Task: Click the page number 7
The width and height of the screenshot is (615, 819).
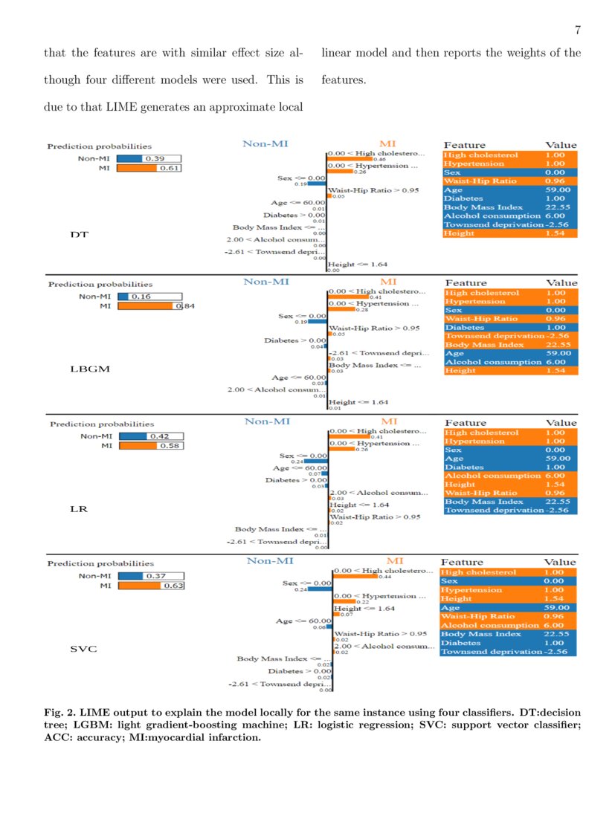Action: [577, 30]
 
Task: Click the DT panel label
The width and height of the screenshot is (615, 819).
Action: [79, 235]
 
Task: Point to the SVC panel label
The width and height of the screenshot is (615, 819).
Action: [81, 649]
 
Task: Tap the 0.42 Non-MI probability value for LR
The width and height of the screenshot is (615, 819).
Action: [160, 436]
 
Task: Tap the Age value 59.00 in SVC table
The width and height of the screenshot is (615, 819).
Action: [558, 607]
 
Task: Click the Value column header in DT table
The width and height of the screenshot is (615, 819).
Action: [561, 145]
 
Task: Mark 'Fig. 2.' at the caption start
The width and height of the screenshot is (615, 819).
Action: [59, 713]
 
